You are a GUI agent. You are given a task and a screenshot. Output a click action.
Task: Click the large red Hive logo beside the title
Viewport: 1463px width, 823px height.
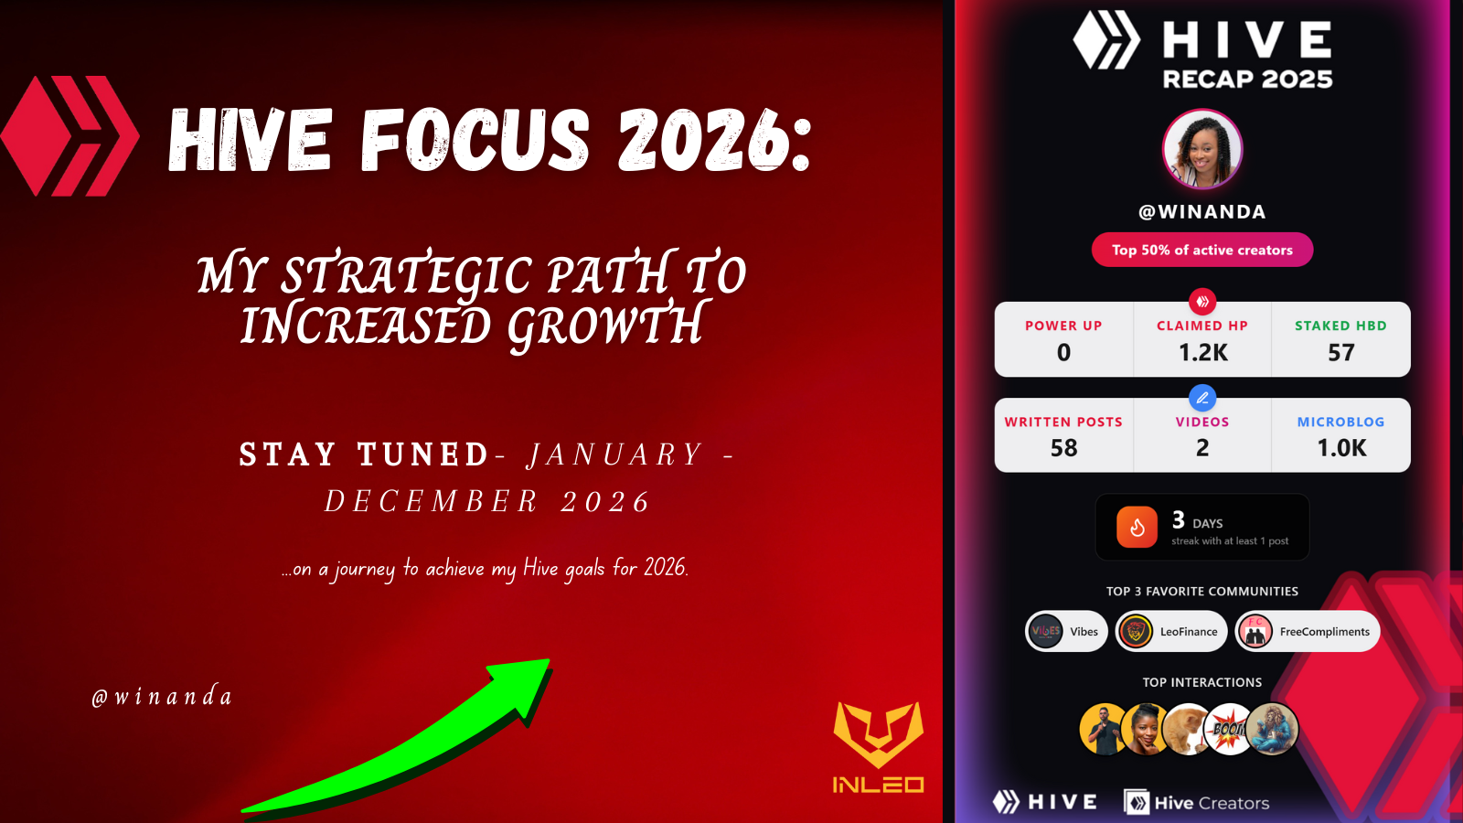(69, 136)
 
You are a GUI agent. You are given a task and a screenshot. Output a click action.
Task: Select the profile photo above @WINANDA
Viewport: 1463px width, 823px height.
(1202, 149)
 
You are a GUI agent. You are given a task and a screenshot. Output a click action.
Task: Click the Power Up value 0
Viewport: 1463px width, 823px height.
(1063, 353)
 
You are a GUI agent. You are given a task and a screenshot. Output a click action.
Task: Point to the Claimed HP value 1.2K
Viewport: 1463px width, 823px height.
(1202, 353)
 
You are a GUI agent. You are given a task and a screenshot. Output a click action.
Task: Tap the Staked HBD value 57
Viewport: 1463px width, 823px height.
(1340, 353)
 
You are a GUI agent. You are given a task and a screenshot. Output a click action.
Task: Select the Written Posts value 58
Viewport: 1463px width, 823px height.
(1063, 448)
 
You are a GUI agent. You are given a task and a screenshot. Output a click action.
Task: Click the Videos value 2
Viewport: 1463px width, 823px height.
(1202, 448)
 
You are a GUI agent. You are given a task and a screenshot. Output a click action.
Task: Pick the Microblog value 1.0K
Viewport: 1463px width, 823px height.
(1341, 448)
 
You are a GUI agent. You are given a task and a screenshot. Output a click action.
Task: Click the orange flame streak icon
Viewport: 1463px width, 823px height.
(1137, 527)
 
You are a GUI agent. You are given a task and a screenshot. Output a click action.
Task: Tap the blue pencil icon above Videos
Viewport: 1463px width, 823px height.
(1202, 398)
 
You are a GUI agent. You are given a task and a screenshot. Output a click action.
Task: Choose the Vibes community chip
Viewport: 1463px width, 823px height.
(1066, 632)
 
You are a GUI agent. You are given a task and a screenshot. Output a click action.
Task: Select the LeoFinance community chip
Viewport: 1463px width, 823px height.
(1171, 632)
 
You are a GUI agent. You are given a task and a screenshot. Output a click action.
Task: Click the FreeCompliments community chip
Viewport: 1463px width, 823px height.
(1307, 632)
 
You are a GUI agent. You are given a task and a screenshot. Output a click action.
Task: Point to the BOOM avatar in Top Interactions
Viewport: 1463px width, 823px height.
(1229, 729)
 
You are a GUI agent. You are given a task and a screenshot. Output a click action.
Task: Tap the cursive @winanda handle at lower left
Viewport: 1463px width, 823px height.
(162, 696)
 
